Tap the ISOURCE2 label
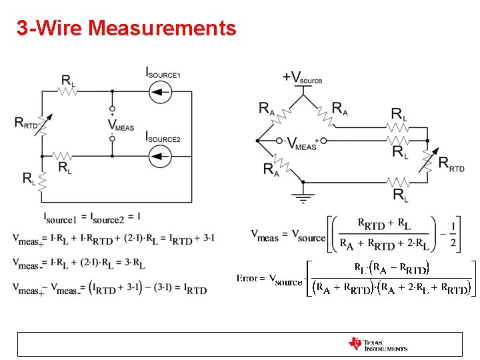click(163, 137)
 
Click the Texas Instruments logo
click(377, 344)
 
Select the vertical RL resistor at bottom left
click(41, 179)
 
